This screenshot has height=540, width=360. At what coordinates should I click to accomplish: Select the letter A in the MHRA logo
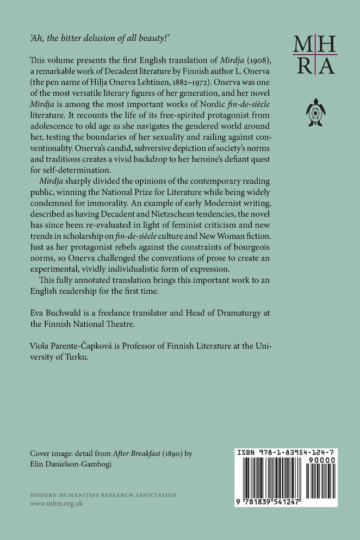pyautogui.click(x=327, y=65)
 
